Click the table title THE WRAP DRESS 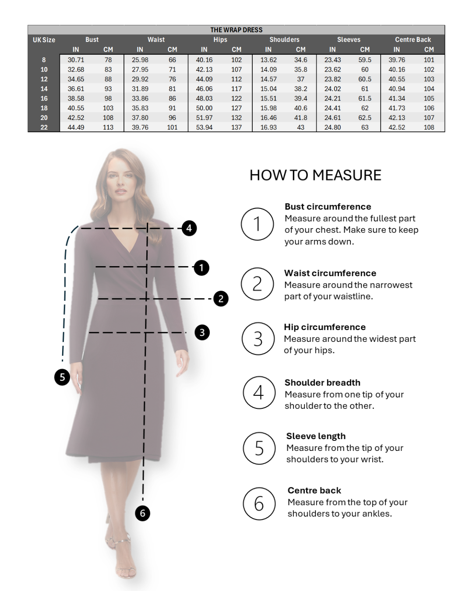[236, 30]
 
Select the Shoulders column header [284, 39]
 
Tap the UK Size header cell [44, 40]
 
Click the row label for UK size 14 [44, 89]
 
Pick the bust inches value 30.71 [76, 60]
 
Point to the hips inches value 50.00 [204, 108]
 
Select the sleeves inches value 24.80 [332, 127]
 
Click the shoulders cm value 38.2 [301, 89]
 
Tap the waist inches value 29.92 [140, 79]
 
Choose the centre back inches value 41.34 [397, 98]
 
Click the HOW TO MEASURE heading [315, 175]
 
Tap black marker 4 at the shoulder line [189, 228]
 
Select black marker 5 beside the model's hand [62, 377]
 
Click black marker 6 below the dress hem [142, 513]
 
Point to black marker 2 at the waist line [221, 299]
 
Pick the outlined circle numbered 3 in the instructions [258, 338]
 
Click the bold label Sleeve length [316, 436]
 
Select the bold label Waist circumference [330, 273]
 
